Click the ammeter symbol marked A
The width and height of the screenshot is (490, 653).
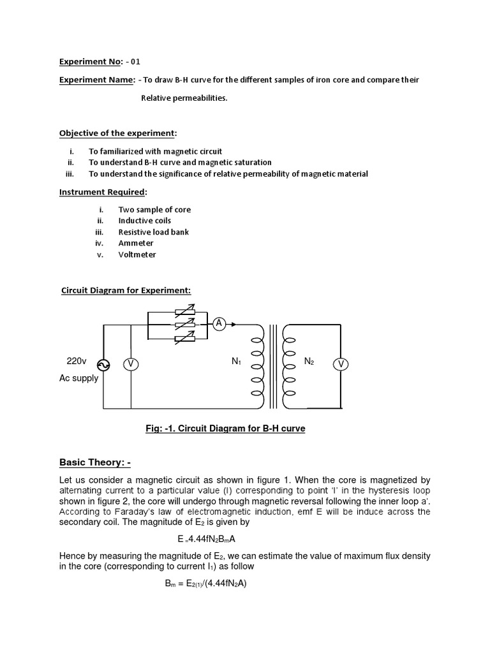tap(219, 324)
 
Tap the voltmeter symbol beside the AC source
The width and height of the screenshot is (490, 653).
tap(131, 365)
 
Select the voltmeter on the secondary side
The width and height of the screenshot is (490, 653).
tap(341, 364)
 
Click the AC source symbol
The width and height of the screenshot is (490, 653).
tap(103, 365)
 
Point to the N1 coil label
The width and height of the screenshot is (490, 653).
tap(236, 362)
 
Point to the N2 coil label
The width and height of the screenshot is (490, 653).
tap(309, 362)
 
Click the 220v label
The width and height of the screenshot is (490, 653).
tap(77, 361)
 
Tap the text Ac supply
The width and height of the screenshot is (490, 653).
tap(78, 378)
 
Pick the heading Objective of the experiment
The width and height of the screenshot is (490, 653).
tap(117, 133)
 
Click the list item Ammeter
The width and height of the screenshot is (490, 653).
tap(136, 243)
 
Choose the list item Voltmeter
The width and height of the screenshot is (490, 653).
tap(137, 254)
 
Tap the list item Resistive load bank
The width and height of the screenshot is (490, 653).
tap(154, 232)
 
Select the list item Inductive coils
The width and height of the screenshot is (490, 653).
tap(145, 221)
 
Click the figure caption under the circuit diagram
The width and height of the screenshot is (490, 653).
tap(225, 429)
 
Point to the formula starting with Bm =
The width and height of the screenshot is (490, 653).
tap(205, 583)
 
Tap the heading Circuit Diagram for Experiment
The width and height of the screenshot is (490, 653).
tap(126, 291)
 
